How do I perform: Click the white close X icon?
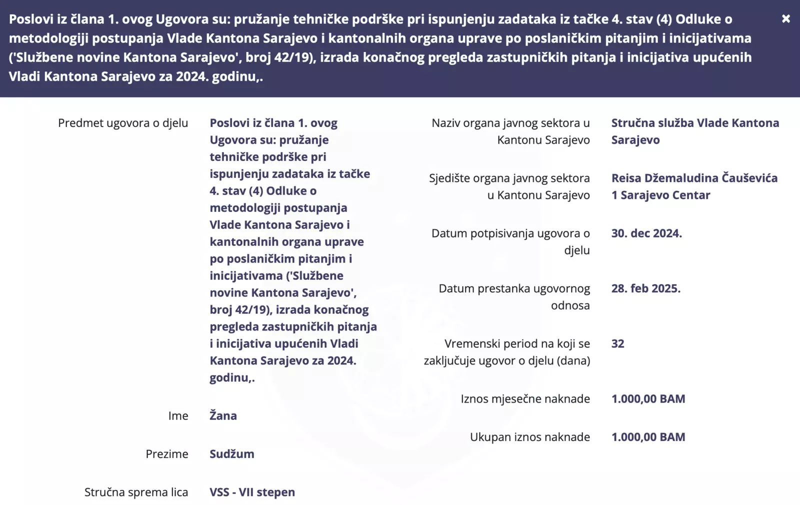click(786, 19)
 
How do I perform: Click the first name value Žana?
click(223, 415)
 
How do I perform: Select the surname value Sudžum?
click(232, 454)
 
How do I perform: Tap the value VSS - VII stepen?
click(252, 492)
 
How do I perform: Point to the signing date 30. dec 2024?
click(646, 233)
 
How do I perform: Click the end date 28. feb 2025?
click(645, 288)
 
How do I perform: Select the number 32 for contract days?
click(617, 343)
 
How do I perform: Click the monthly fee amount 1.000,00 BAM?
click(648, 399)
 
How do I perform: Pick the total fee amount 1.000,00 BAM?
click(648, 437)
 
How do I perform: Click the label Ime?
click(178, 416)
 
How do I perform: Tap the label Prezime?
click(167, 454)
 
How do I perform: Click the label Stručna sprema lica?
click(136, 492)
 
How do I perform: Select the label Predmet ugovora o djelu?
click(123, 123)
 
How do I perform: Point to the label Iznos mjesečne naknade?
click(525, 399)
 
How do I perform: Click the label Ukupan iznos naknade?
click(529, 437)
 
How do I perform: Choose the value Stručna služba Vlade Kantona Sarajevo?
click(694, 131)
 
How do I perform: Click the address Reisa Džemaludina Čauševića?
click(694, 178)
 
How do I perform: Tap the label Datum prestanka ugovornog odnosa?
click(514, 297)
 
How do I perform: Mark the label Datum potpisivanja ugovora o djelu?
click(510, 242)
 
